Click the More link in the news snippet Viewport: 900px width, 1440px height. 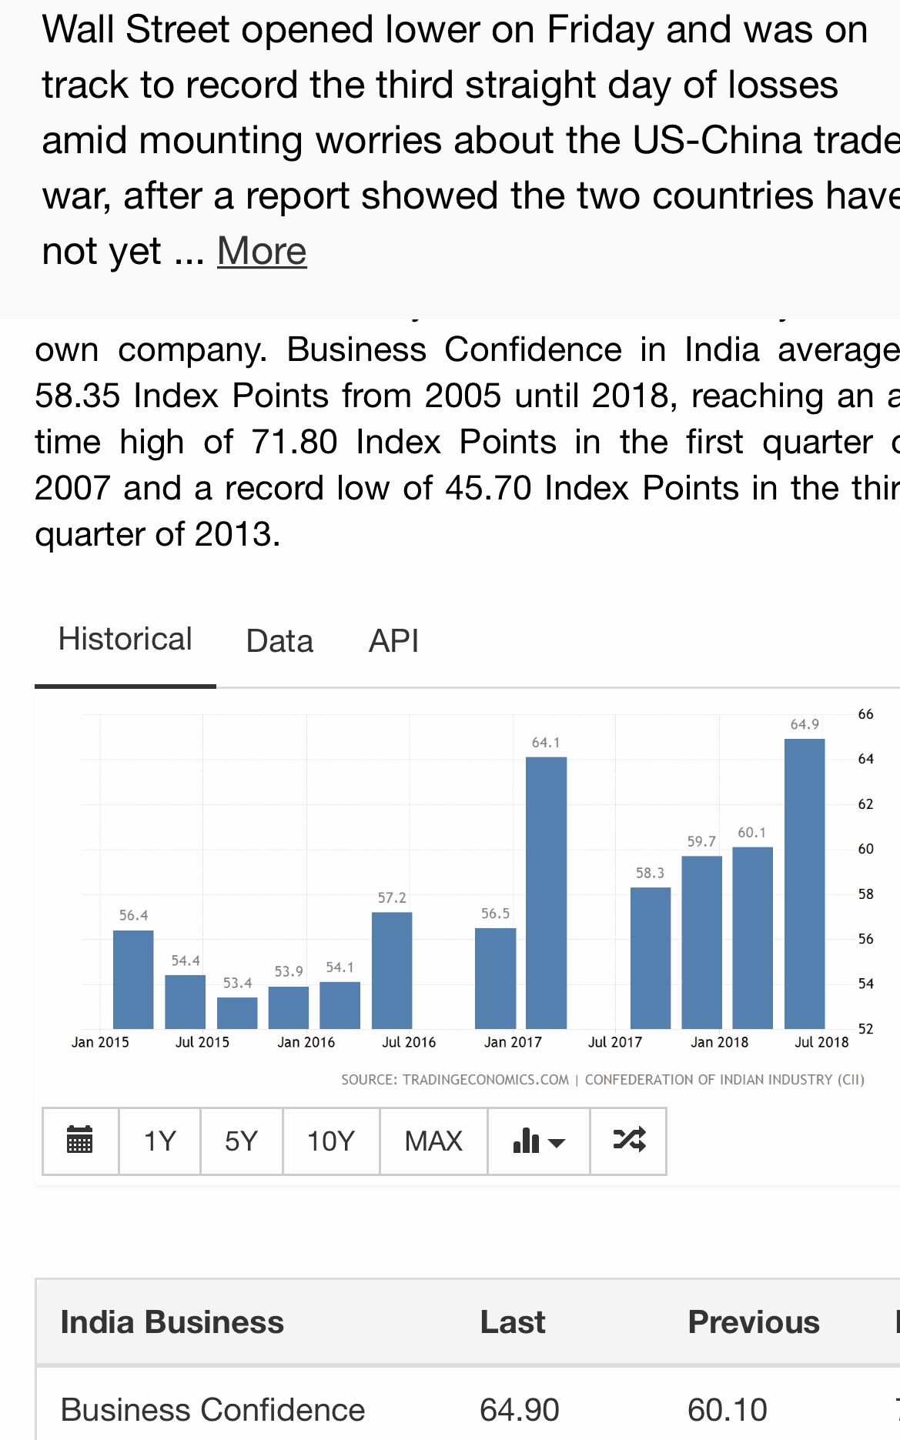click(x=262, y=251)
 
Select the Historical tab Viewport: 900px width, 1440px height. click(x=125, y=640)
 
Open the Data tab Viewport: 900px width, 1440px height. click(x=279, y=641)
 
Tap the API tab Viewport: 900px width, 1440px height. click(x=393, y=641)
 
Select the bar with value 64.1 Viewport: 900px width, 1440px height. click(x=546, y=893)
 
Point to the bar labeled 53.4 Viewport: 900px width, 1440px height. click(x=237, y=1013)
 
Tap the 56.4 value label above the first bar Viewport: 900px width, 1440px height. click(x=133, y=915)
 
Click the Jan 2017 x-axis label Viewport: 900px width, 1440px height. click(x=513, y=1042)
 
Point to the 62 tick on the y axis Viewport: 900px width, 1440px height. click(x=865, y=804)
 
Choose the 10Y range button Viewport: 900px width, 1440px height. click(x=331, y=1141)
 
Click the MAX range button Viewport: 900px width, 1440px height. click(x=433, y=1141)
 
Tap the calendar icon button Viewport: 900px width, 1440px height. click(x=80, y=1141)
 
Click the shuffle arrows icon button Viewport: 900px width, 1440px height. click(x=628, y=1141)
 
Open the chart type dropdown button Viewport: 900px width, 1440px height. click(x=538, y=1141)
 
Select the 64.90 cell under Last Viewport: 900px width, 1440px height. click(x=519, y=1410)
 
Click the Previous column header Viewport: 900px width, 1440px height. click(x=753, y=1322)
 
